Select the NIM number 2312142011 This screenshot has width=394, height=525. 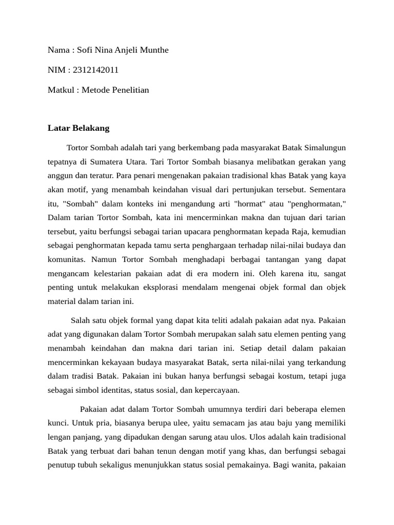pyautogui.click(x=96, y=70)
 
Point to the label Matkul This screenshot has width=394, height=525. pyautogui.click(x=62, y=90)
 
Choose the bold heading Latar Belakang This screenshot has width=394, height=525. pyautogui.click(x=78, y=128)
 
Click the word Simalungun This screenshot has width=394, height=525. pyautogui.click(x=325, y=148)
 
